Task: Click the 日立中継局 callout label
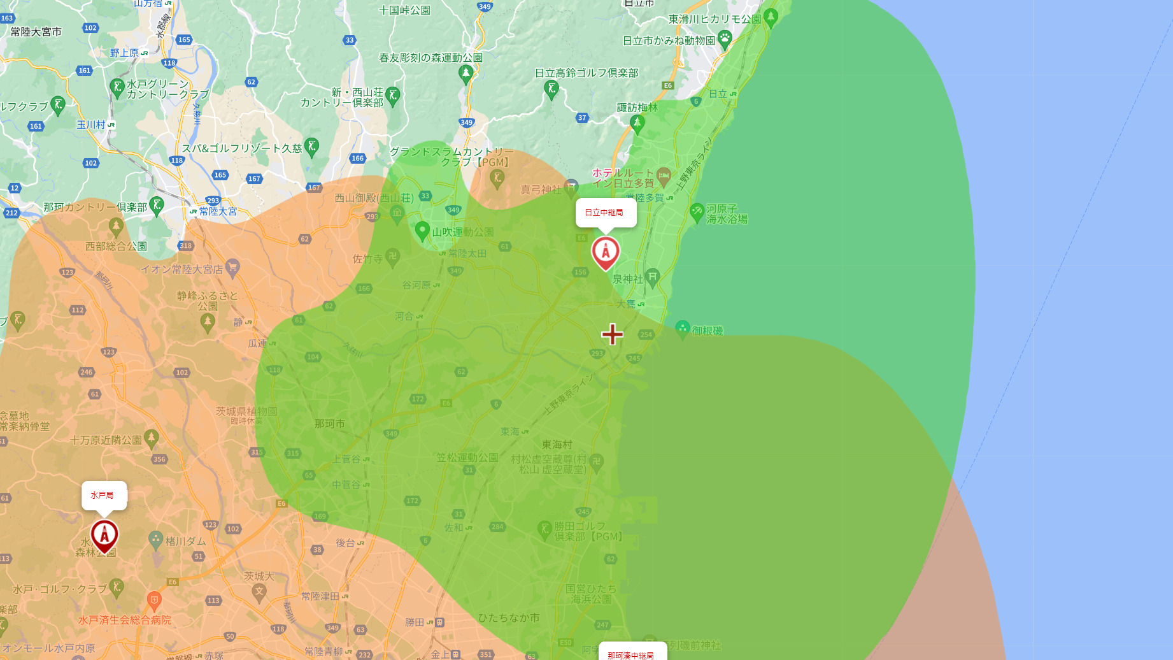click(606, 213)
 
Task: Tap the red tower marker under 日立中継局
click(606, 252)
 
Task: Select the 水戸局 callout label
click(104, 496)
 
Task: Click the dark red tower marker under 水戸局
click(104, 535)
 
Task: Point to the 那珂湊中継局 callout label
click(632, 654)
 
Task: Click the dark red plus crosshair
click(612, 334)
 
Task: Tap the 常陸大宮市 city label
click(36, 32)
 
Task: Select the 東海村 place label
click(557, 445)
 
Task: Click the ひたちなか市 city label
click(509, 617)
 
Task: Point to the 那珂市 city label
click(330, 424)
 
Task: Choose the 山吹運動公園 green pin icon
click(422, 231)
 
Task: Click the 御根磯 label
click(707, 331)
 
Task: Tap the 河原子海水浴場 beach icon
click(697, 212)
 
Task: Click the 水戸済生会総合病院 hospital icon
click(153, 600)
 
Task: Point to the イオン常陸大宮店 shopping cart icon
click(232, 267)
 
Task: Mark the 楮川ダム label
click(186, 542)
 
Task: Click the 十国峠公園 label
click(404, 10)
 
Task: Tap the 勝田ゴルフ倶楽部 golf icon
click(544, 529)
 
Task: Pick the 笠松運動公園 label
click(467, 457)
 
